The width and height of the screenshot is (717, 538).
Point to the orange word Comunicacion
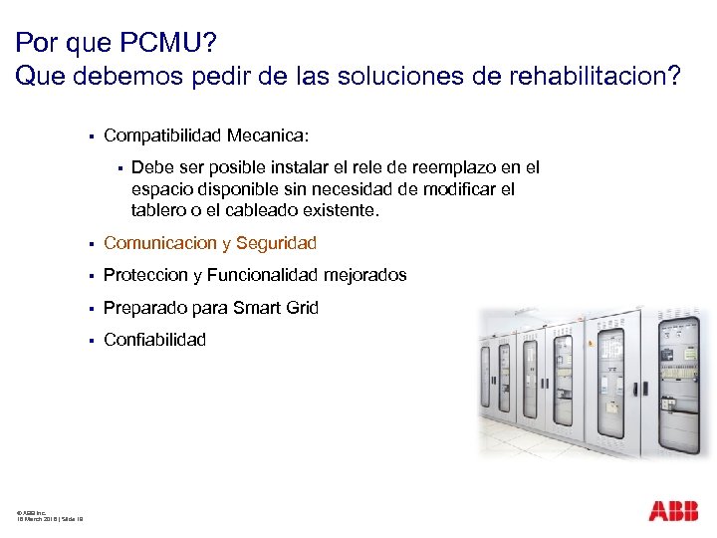coord(159,243)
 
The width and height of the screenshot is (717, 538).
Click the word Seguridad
coord(276,243)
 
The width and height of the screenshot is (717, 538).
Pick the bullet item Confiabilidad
coord(154,340)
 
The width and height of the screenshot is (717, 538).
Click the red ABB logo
coord(673,512)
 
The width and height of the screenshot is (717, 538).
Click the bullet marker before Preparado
coord(90,308)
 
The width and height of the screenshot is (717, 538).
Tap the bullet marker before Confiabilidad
coord(90,340)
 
